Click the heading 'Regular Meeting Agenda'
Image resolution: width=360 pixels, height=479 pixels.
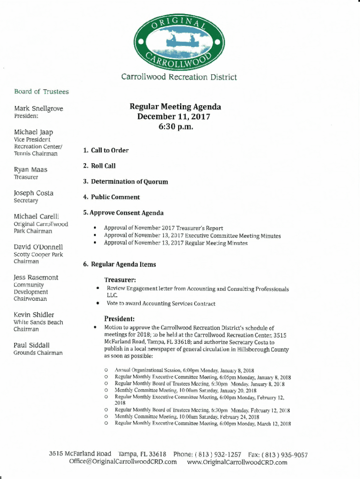[x=175, y=107]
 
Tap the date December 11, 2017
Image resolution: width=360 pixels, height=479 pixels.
[x=173, y=116]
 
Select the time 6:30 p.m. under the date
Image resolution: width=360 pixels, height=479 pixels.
[x=175, y=127]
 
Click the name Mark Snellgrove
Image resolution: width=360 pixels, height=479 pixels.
[x=38, y=109]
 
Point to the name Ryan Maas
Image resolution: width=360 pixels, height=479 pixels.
[x=30, y=169]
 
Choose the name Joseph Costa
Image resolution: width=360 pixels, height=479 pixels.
[x=34, y=193]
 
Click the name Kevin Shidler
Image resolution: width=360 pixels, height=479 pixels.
[x=34, y=315]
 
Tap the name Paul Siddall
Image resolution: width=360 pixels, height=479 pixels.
[x=32, y=345]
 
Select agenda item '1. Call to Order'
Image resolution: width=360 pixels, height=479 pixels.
[x=106, y=151]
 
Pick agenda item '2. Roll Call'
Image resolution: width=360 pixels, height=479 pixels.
[x=99, y=166]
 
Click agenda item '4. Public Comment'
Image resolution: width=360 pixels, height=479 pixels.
[x=111, y=197]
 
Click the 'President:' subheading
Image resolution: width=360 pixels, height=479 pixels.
[x=119, y=319]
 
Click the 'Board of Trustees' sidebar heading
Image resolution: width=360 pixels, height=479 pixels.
[x=41, y=92]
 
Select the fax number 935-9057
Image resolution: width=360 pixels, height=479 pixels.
[x=290, y=454]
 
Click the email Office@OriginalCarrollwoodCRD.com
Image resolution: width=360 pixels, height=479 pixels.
[x=123, y=462]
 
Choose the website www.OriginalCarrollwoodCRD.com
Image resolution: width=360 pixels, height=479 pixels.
[x=237, y=462]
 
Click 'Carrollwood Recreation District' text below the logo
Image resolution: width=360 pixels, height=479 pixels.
[x=179, y=77]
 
